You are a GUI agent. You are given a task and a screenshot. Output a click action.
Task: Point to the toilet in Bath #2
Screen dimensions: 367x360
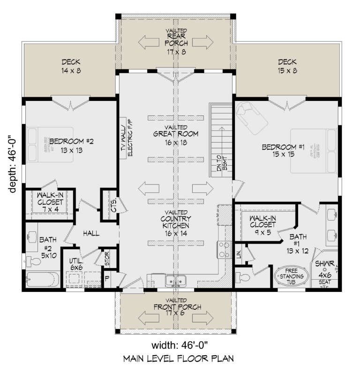point(34,260)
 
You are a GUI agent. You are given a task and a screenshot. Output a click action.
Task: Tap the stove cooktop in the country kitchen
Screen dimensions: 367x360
point(222,250)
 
